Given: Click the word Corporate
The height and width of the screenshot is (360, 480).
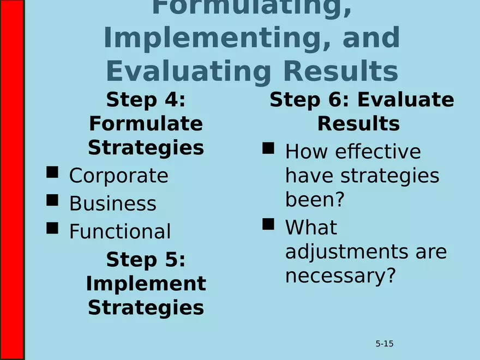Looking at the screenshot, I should coord(118,176).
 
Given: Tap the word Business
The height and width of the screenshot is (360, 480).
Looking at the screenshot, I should coord(112,203).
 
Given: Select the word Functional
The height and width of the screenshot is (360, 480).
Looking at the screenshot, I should coord(119,231).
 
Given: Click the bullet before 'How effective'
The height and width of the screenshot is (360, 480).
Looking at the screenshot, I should coord(268,148).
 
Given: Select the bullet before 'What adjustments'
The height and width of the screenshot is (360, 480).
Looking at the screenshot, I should coord(268,224).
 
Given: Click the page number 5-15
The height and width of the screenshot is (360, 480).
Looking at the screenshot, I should coord(385,344).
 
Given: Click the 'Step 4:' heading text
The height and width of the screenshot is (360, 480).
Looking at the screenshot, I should coord(146,100).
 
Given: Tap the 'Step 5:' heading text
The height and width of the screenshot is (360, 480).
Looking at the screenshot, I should coord(146,260).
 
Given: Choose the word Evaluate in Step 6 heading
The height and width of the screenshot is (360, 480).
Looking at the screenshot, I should coord(405,100).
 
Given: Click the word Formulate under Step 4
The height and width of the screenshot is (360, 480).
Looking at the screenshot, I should coord(146,124).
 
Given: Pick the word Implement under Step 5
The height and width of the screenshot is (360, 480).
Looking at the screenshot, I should coord(146,284).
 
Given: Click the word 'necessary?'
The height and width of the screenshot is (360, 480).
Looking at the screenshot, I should coord(339,276).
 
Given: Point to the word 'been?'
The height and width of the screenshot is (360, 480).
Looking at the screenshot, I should coord(315,200).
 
